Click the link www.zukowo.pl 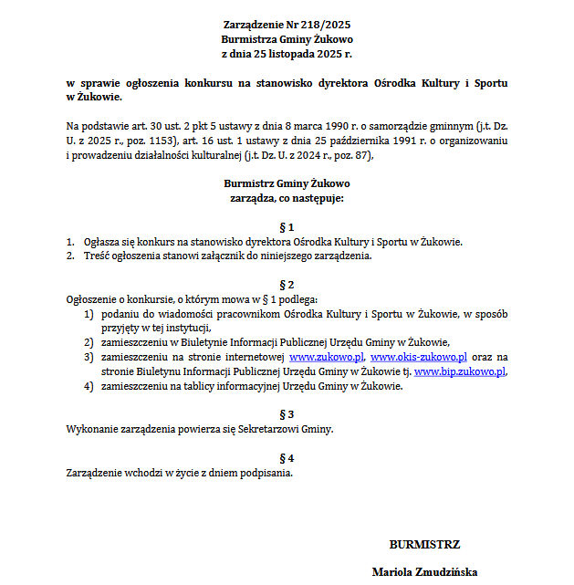327,357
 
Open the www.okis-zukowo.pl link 419,357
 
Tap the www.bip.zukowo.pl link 459,371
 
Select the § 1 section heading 287,225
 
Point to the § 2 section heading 287,285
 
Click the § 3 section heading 287,413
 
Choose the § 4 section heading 287,457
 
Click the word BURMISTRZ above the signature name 424,545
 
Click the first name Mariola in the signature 391,573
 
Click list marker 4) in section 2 89,386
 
